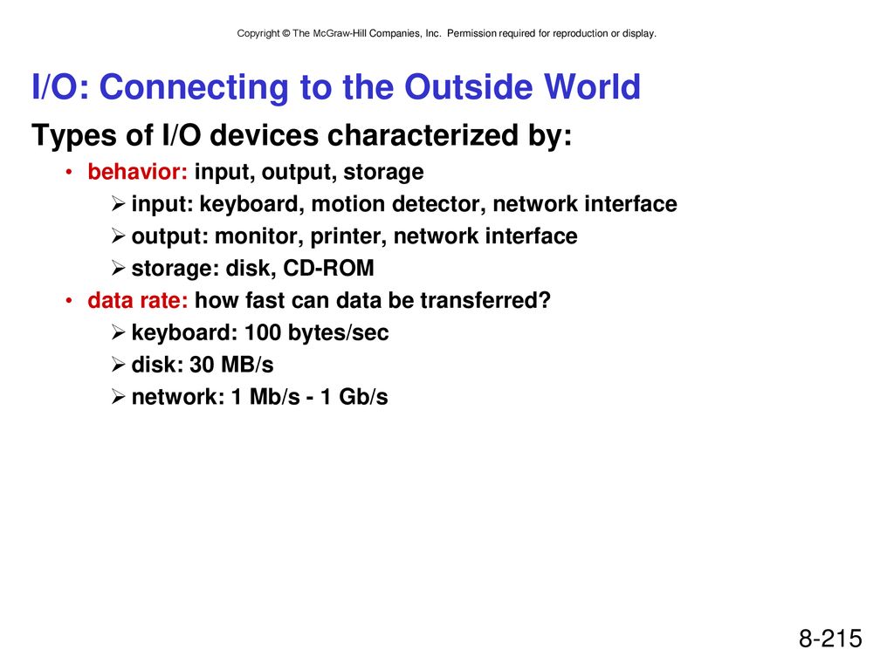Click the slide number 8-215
pyautogui.click(x=830, y=638)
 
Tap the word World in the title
pyautogui.click(x=593, y=87)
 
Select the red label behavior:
pyautogui.click(x=137, y=172)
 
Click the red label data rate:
pyautogui.click(x=137, y=300)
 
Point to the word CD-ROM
pyautogui.click(x=328, y=268)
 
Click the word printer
pyautogui.click(x=349, y=236)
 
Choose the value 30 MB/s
pyautogui.click(x=231, y=365)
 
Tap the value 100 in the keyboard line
pyautogui.click(x=263, y=332)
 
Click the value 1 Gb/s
pyautogui.click(x=354, y=397)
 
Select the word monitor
pyautogui.click(x=258, y=236)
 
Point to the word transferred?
pyautogui.click(x=485, y=300)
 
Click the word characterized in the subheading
pyautogui.click(x=423, y=135)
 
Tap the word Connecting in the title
pyautogui.click(x=194, y=88)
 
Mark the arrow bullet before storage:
pyautogui.click(x=118, y=268)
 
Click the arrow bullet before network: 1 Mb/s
pyautogui.click(x=118, y=397)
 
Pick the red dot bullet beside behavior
pyautogui.click(x=69, y=172)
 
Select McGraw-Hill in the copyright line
pyautogui.click(x=340, y=34)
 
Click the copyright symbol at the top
pyautogui.click(x=286, y=34)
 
